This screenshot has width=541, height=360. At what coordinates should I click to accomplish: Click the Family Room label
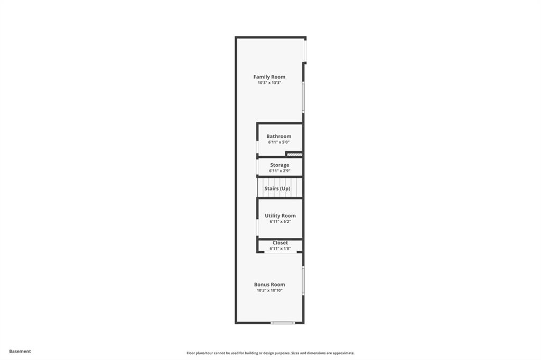[x=269, y=77]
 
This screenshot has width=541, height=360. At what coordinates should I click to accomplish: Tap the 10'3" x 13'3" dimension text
[x=269, y=83]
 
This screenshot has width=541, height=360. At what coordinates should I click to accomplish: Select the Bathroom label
[x=279, y=136]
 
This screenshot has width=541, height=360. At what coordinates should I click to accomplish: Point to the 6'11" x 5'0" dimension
[x=279, y=142]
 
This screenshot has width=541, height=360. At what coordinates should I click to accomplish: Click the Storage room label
[x=279, y=165]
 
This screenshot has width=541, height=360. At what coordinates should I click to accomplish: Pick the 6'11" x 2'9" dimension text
[x=279, y=170]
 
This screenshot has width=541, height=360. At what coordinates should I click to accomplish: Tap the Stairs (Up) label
[x=277, y=188]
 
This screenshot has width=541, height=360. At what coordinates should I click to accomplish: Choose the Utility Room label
[x=280, y=215]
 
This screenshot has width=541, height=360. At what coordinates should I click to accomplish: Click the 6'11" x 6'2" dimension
[x=280, y=221]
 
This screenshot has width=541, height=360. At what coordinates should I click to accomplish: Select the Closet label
[x=280, y=243]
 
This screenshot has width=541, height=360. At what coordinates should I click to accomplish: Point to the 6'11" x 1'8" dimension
[x=280, y=248]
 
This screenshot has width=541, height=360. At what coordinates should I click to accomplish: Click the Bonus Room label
[x=269, y=285]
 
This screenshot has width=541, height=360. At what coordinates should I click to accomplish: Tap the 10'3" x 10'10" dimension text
[x=269, y=290]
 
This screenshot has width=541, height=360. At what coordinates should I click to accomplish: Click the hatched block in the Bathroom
[x=295, y=155]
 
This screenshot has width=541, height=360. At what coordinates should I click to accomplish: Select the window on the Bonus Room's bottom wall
[x=283, y=323]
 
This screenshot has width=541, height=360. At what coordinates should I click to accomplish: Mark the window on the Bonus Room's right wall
[x=303, y=280]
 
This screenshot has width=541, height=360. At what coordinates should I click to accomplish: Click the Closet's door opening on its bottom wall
[x=281, y=252]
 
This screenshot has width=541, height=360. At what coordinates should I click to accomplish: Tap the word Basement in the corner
[x=20, y=352]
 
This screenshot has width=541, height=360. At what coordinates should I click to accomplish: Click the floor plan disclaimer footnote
[x=270, y=353]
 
